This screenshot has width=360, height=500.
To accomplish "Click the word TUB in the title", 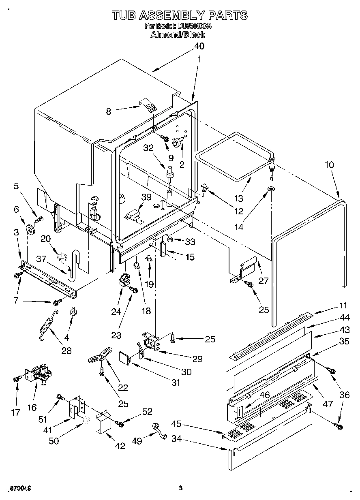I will click(x=124, y=15).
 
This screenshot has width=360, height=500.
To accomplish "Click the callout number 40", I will click(x=199, y=46).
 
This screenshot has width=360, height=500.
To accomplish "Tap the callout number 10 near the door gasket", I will click(x=330, y=165).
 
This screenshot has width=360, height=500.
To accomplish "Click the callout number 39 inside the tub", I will click(x=146, y=197).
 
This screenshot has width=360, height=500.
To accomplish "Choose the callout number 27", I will click(x=264, y=280).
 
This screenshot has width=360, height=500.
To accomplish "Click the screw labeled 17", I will click(x=16, y=379).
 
